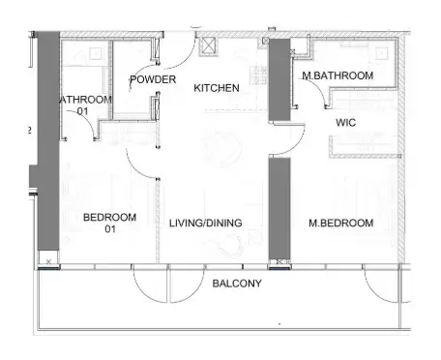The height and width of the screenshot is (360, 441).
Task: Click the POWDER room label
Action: [x=153, y=79]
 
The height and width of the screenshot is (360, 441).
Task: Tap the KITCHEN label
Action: [x=217, y=88]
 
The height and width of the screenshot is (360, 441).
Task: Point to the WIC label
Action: [x=346, y=124]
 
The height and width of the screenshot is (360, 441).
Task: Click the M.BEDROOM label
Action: [x=340, y=224]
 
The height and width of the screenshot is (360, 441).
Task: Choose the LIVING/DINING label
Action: [x=205, y=224]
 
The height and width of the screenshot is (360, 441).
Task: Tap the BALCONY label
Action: [x=236, y=284]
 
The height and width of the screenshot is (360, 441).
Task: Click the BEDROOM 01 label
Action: [x=108, y=223]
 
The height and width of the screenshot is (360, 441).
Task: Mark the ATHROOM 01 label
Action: [x=85, y=105]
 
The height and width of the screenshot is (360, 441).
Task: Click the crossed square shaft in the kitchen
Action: [x=206, y=44]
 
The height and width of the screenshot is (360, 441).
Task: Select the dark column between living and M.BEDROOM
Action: [x=279, y=210]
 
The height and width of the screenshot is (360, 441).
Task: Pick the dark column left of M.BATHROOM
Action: [x=279, y=80]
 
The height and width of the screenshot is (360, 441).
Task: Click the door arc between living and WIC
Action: [x=283, y=142]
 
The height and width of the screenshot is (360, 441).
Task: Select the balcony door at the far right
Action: [x=383, y=285]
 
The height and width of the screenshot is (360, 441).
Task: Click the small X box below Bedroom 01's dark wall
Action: [x=48, y=261]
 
